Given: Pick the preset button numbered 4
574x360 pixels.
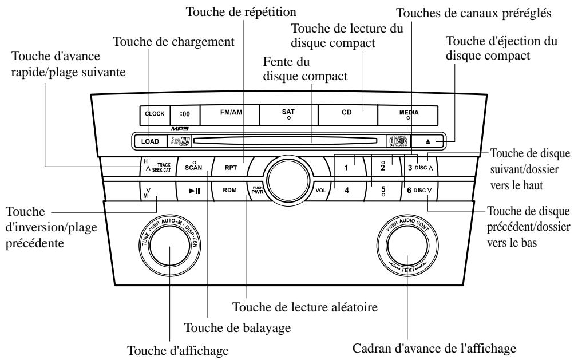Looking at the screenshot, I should [347, 190].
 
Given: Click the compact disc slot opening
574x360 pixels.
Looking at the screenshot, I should [286, 140].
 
